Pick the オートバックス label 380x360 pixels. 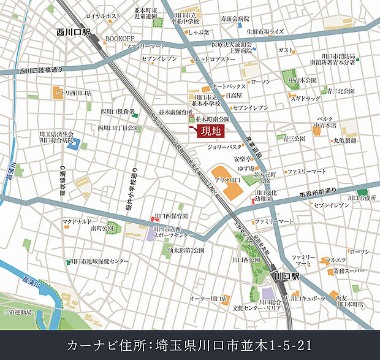pos(228,86)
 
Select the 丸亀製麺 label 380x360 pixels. pos(345,140)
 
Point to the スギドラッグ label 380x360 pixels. pos(305,98)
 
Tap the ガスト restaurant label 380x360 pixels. pos(286,49)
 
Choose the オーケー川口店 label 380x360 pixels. pos(208,299)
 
